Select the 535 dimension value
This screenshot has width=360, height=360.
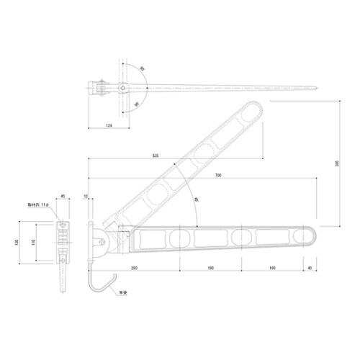(x=156, y=155)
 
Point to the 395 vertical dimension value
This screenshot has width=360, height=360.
(x=338, y=164)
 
